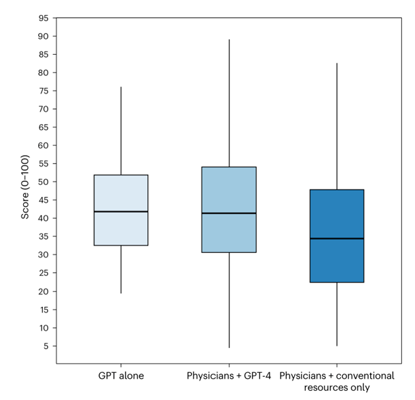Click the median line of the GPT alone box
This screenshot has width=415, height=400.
[x=120, y=211]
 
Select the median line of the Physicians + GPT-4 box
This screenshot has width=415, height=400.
[x=229, y=213]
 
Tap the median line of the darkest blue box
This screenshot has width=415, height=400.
[x=337, y=238]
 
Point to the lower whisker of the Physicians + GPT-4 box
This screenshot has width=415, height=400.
[x=229, y=300]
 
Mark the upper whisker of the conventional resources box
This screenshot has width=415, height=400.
[x=337, y=126]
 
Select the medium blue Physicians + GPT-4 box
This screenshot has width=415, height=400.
[x=229, y=191]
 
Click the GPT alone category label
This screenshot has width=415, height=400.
[x=120, y=376]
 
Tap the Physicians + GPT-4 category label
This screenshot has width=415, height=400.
[x=229, y=376]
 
